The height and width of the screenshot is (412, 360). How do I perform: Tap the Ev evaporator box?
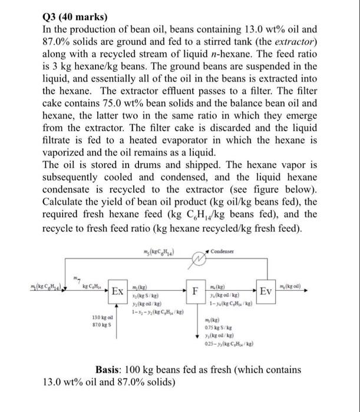(x=266, y=291)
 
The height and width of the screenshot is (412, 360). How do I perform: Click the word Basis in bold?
(x=110, y=370)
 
